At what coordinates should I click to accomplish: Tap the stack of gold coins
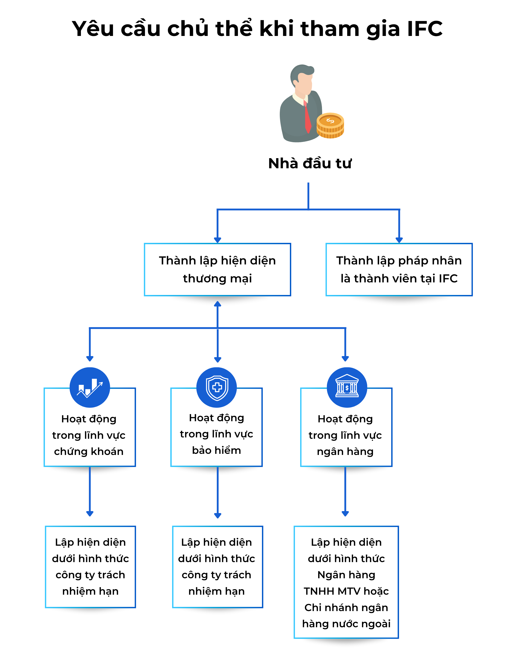coord(330,126)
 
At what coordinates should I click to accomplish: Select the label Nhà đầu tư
coord(310,163)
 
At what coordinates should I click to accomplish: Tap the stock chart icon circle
coord(90,387)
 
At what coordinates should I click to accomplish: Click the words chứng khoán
coord(89,451)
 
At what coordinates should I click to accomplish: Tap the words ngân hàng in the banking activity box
coord(345,452)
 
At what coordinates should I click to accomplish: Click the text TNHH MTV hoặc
coord(346,591)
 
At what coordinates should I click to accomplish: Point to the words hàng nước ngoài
coord(346,623)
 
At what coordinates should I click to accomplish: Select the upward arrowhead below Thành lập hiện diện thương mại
coord(218,304)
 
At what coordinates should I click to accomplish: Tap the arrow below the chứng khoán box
coord(90,491)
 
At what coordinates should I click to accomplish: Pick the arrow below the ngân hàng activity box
coord(345,491)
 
